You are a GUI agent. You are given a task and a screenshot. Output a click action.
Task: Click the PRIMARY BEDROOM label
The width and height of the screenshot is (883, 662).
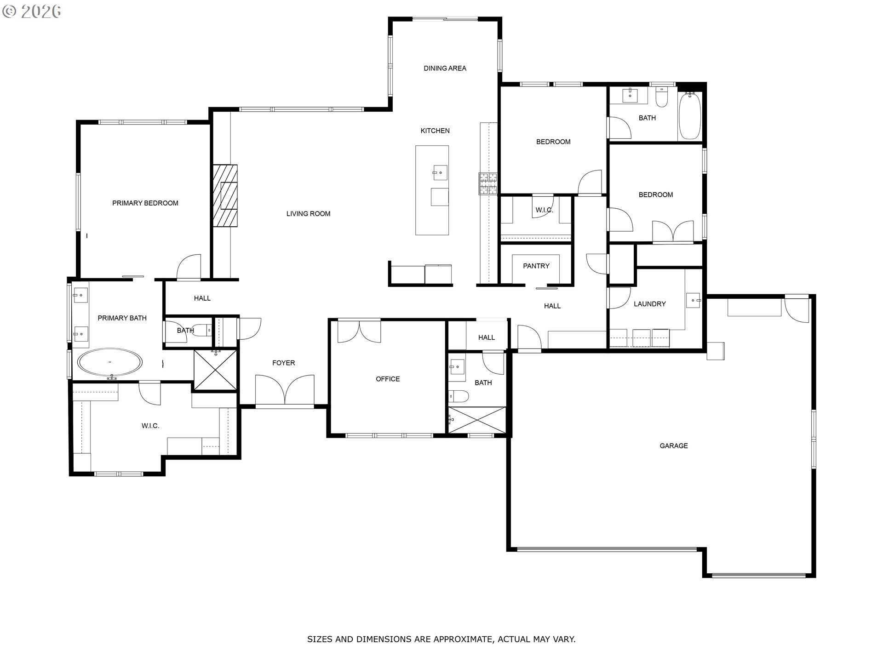pos(145,203)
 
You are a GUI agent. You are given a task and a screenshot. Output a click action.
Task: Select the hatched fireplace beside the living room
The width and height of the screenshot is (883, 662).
pos(225,196)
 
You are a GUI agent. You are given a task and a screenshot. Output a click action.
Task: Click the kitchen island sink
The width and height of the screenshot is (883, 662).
pos(440,173)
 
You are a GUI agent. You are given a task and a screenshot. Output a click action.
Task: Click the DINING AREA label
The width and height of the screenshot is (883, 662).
pos(445,68)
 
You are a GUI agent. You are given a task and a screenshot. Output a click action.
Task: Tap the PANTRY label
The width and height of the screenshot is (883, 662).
pos(536,266)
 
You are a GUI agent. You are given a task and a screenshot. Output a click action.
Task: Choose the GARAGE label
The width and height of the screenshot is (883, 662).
pos(674,446)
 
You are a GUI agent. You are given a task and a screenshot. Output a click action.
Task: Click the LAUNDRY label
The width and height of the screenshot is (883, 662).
pos(650,304)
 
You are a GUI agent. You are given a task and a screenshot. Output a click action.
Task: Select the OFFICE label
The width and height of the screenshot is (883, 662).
pos(388,379)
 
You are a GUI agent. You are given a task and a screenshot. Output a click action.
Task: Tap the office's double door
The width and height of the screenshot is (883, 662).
pos(359,331)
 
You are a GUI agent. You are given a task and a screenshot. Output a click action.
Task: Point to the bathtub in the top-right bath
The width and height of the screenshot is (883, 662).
pos(689,116)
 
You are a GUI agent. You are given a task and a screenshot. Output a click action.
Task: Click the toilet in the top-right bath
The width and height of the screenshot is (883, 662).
pos(661,98)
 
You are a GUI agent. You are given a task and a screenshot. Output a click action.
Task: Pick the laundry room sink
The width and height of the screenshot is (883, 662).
pos(693,300)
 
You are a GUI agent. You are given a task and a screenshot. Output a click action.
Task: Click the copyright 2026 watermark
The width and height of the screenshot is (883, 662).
pos(31,11)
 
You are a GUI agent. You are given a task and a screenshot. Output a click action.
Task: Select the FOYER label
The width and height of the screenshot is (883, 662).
pos(283,363)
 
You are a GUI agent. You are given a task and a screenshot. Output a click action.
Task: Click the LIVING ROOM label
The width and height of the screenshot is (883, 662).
pos(308,214)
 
